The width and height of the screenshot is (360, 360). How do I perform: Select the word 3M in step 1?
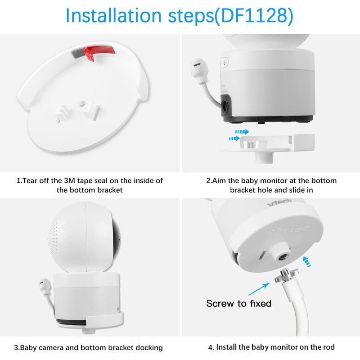[x=70, y=181]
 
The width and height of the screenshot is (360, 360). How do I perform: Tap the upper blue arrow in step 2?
[x=242, y=132]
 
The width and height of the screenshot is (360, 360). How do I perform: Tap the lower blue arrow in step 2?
[x=234, y=139]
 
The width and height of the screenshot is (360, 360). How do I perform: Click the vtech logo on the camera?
[x=279, y=202]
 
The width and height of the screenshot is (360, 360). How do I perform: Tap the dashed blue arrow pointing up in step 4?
[x=307, y=261]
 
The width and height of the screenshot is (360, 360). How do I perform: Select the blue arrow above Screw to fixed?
[x=259, y=289]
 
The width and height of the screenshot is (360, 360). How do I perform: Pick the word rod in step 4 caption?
[x=328, y=347]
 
